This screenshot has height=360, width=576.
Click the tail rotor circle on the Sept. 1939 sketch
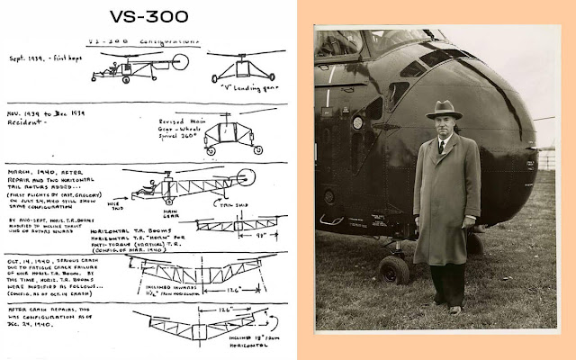(181, 62)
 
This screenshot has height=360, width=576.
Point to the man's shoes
(446, 308)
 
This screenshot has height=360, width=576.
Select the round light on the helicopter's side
(357, 121)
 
